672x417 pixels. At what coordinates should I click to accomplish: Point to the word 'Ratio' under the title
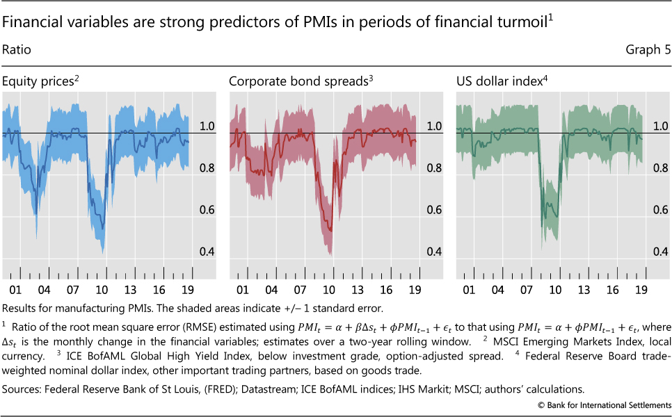(x=17, y=50)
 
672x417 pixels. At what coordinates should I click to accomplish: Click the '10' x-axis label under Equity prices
(x=102, y=288)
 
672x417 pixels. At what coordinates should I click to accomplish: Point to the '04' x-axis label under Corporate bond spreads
(x=271, y=288)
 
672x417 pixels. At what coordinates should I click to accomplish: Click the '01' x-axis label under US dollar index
(x=469, y=288)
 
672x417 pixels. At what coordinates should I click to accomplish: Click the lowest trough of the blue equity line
(x=102, y=229)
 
